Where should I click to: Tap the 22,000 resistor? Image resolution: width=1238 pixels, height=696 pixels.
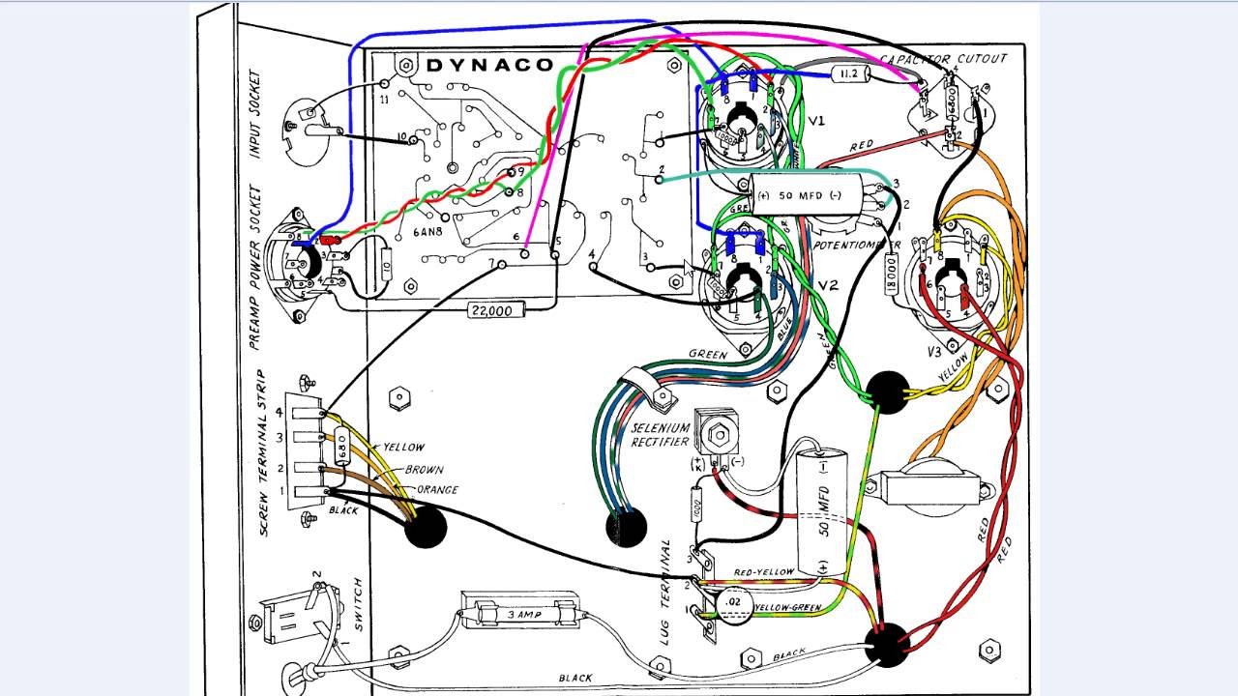pos(496,310)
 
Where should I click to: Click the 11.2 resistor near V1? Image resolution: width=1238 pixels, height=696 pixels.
pos(849,74)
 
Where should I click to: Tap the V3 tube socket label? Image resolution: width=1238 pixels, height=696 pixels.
pos(933,354)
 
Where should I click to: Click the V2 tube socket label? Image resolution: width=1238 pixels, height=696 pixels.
pos(828,287)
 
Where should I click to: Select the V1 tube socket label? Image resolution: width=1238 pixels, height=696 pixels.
pos(817,122)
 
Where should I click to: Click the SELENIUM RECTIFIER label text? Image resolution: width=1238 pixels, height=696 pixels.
pos(661,434)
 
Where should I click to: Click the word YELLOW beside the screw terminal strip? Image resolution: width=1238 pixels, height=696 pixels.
pos(403,448)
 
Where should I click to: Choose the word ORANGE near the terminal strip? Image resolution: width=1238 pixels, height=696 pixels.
pos(436,490)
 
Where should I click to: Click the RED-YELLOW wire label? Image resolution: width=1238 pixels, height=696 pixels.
pos(763,572)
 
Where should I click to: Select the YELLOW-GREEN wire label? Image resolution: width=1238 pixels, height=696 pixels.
pos(788,608)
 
